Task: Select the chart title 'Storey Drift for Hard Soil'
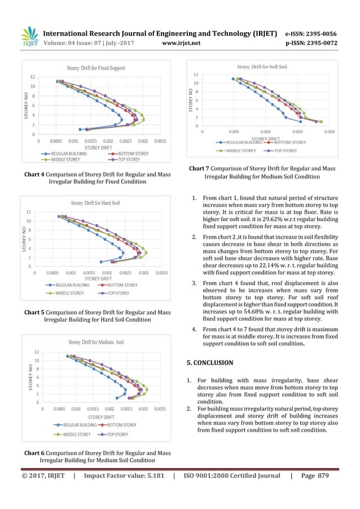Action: coord(95,203)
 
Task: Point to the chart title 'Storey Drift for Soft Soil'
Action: coord(262,67)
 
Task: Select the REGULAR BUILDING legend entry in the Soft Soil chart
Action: coord(242,143)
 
